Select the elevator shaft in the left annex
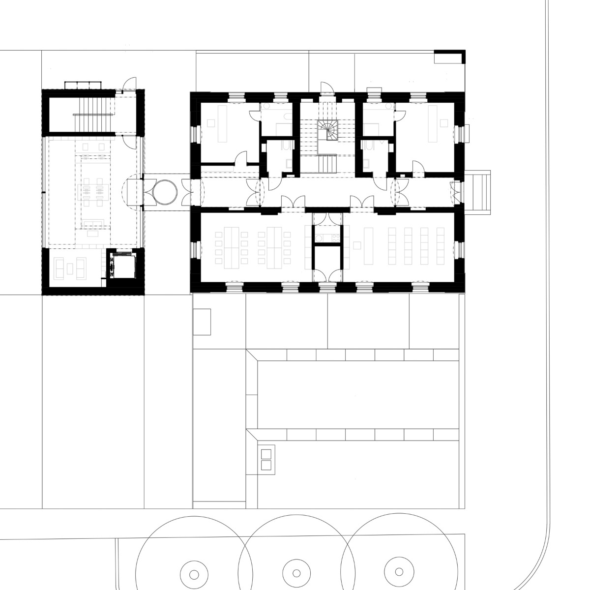120,266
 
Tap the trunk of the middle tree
296,574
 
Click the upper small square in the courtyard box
266,454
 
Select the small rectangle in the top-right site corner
448,59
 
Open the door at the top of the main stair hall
326,88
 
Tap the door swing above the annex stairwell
128,84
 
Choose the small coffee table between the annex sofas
70,268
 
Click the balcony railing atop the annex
83,85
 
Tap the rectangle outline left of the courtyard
202,322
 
